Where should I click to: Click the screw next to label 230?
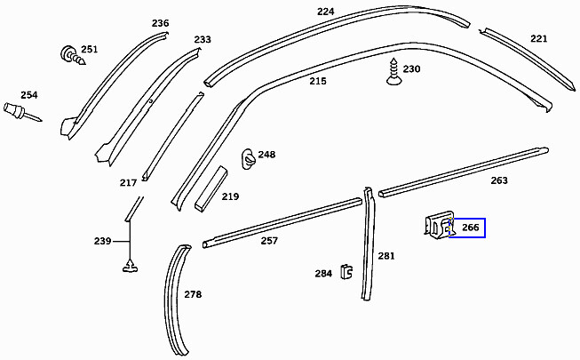pyautogui.click(x=393, y=71)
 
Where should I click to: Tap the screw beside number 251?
pyautogui.click(x=73, y=55)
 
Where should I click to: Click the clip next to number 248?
pyautogui.click(x=249, y=159)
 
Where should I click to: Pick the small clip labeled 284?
pyautogui.click(x=346, y=272)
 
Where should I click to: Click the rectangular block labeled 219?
pyautogui.click(x=211, y=188)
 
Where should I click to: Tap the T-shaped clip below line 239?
pyautogui.click(x=130, y=266)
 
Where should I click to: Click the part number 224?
pyautogui.click(x=325, y=12)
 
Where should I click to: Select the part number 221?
pyautogui.click(x=538, y=38)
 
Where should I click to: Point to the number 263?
pyautogui.click(x=499, y=180)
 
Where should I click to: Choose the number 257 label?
pyautogui.click(x=269, y=241)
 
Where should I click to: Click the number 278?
pyautogui.click(x=193, y=294)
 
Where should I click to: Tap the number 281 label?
pyautogui.click(x=386, y=256)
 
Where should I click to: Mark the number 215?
pyautogui.click(x=318, y=81)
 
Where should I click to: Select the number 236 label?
pyautogui.click(x=160, y=23)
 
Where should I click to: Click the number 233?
pyautogui.click(x=203, y=39)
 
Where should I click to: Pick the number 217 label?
pyautogui.click(x=128, y=182)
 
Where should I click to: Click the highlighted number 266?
pyautogui.click(x=470, y=228)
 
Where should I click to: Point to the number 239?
pyautogui.click(x=102, y=241)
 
